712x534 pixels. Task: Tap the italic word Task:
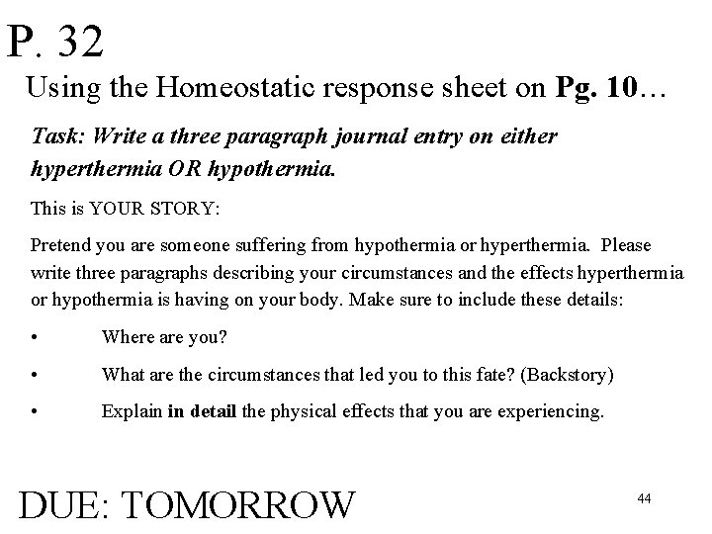56,135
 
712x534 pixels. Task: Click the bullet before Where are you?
36,338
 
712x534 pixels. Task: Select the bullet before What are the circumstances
36,376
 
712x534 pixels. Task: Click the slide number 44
644,498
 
